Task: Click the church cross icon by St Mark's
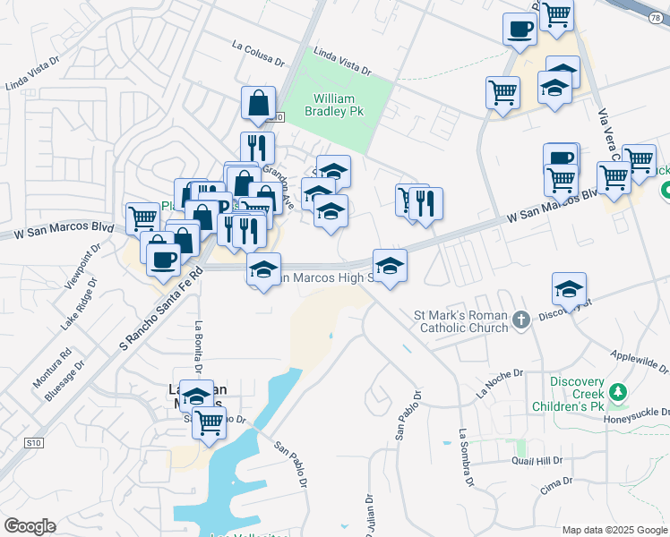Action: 522,319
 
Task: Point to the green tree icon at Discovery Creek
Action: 617,392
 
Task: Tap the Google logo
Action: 30,526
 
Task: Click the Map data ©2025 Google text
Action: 614,530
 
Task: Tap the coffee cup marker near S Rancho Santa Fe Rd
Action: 163,259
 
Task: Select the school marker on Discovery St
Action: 569,288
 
